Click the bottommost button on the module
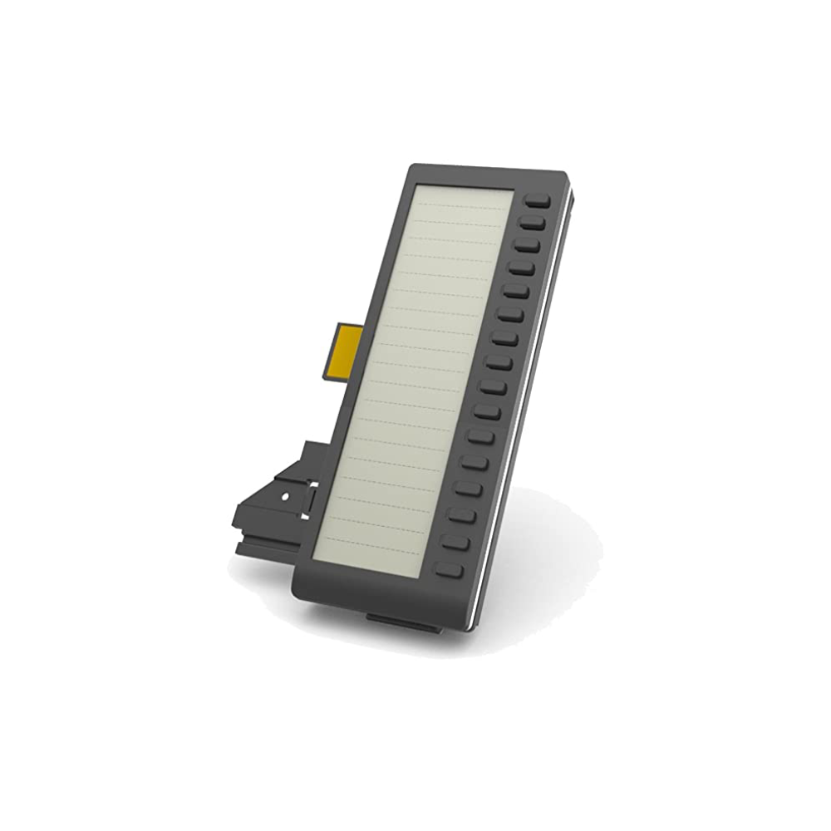(450, 570)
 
